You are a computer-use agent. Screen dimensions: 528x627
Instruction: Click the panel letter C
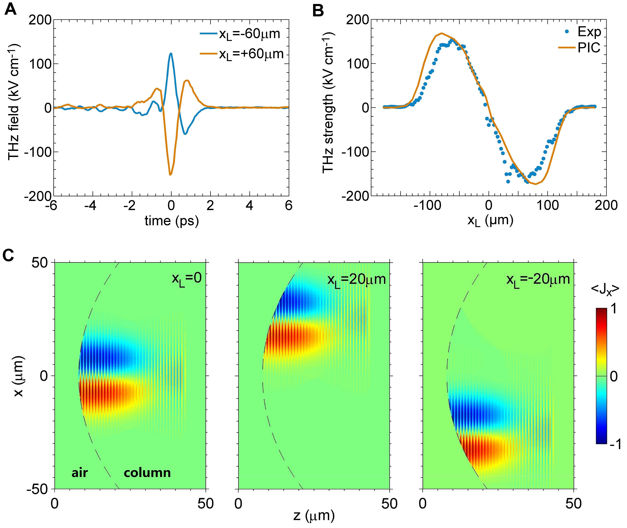click(x=8, y=255)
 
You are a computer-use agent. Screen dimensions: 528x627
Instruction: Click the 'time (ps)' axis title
click(x=171, y=221)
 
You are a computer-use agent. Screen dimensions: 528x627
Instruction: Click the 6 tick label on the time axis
click(x=288, y=206)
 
